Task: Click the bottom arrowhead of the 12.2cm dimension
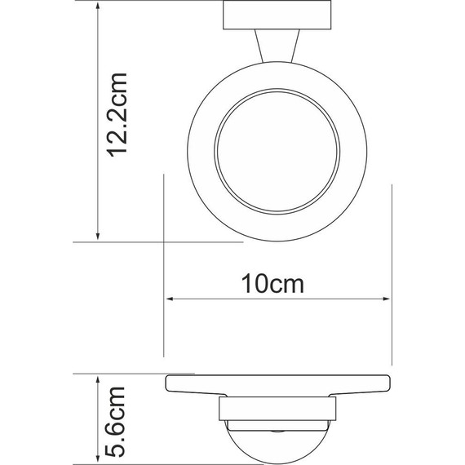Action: pyautogui.click(x=98, y=237)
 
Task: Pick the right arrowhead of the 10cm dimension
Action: pyautogui.click(x=388, y=299)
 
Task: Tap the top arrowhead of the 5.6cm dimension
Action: pyautogui.click(x=98, y=379)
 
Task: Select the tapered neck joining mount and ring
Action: pyautogui.click(x=277, y=45)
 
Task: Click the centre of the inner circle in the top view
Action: pyautogui.click(x=277, y=154)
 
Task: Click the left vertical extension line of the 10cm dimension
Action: pyautogui.click(x=166, y=326)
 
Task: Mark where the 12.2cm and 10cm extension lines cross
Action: pyautogui.click(x=166, y=241)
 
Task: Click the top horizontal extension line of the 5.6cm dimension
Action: pyautogui.click(x=122, y=374)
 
